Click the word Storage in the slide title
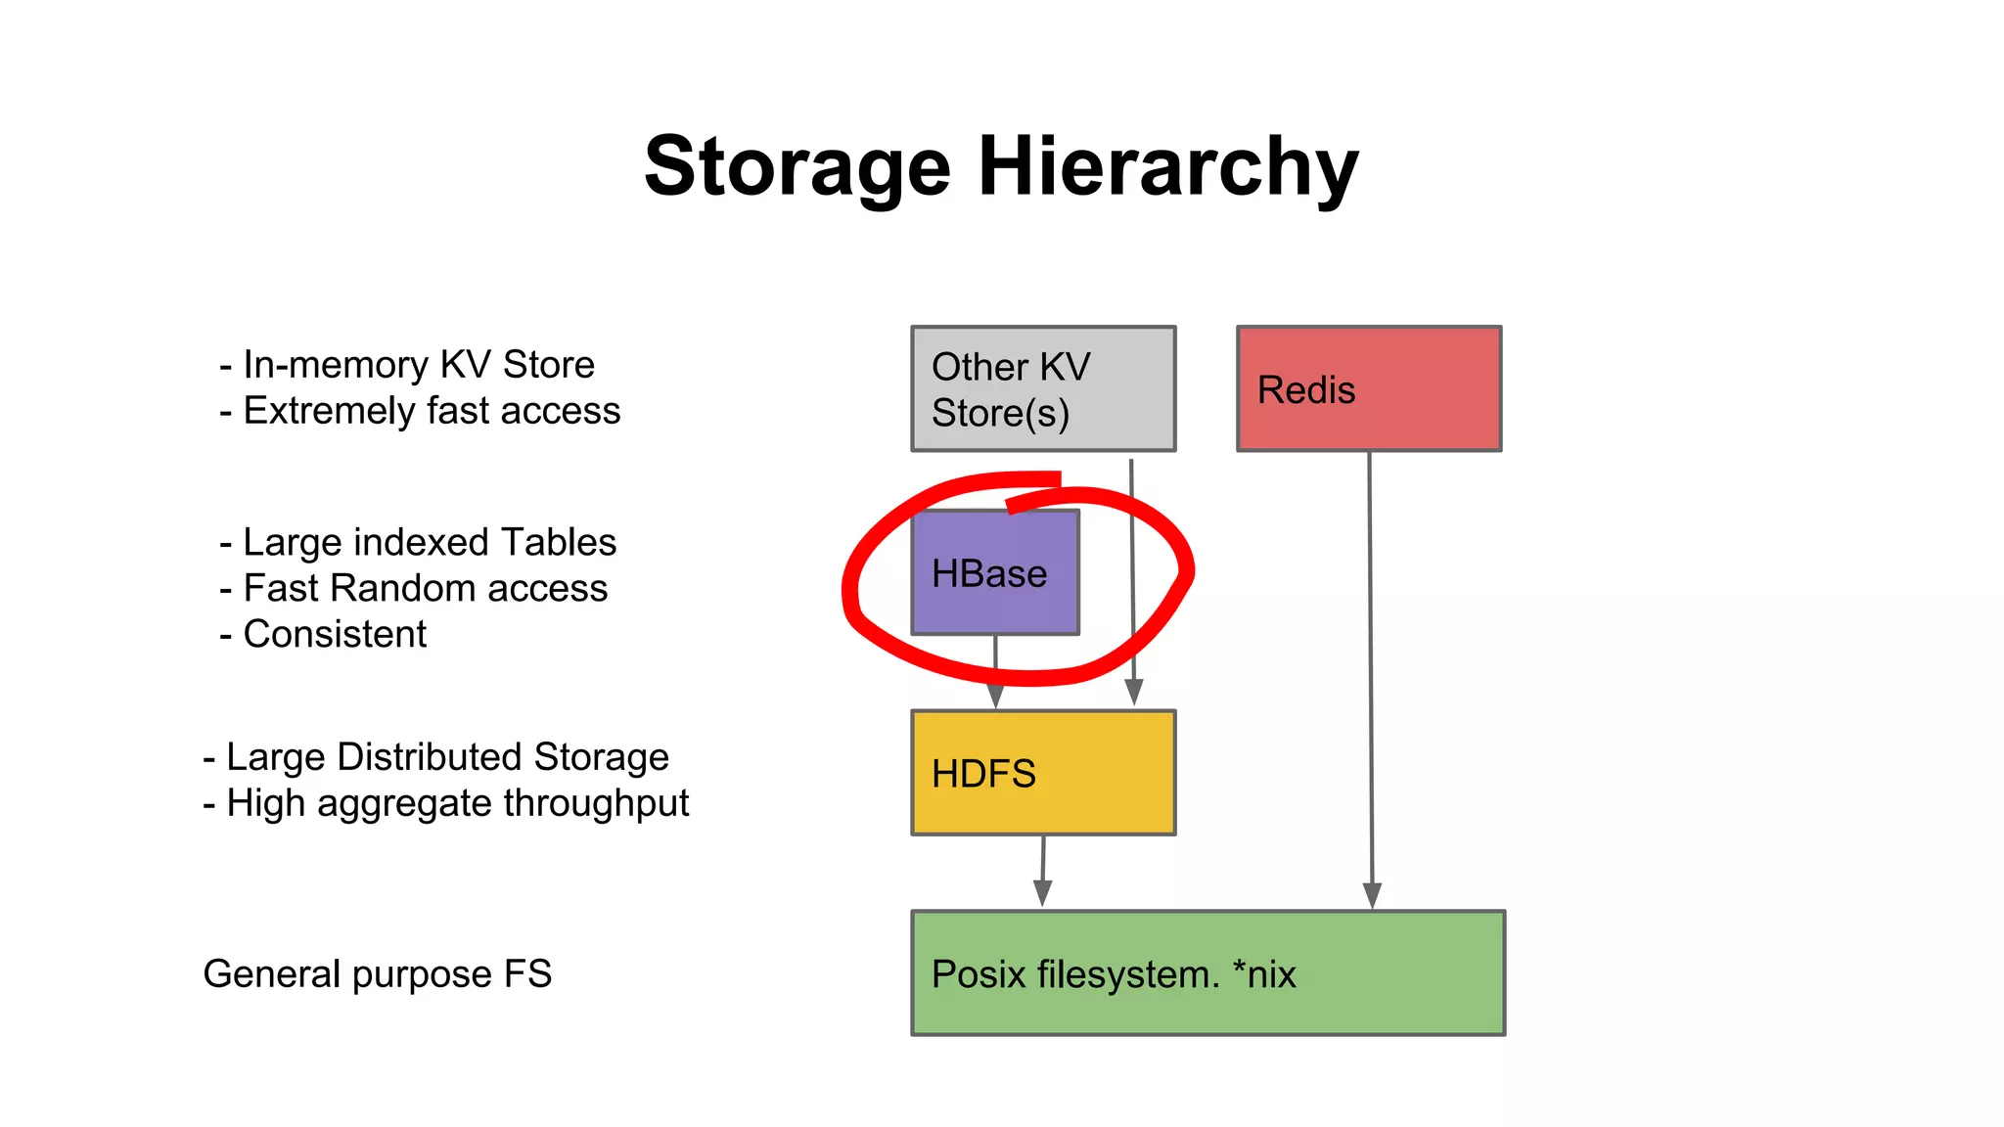click(x=797, y=166)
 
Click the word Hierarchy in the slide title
click(x=1168, y=168)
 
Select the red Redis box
click(x=1368, y=388)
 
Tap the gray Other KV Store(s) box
click(x=1043, y=388)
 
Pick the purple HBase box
click(x=995, y=572)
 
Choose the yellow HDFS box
click(x=1043, y=773)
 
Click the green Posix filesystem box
click(x=1207, y=972)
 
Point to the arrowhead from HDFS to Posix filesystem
click(x=1042, y=893)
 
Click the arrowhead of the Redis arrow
click(x=1372, y=895)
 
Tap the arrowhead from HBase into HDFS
click(x=995, y=696)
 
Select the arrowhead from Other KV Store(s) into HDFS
click(x=1134, y=693)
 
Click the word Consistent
click(x=335, y=634)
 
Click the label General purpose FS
click(x=378, y=973)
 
